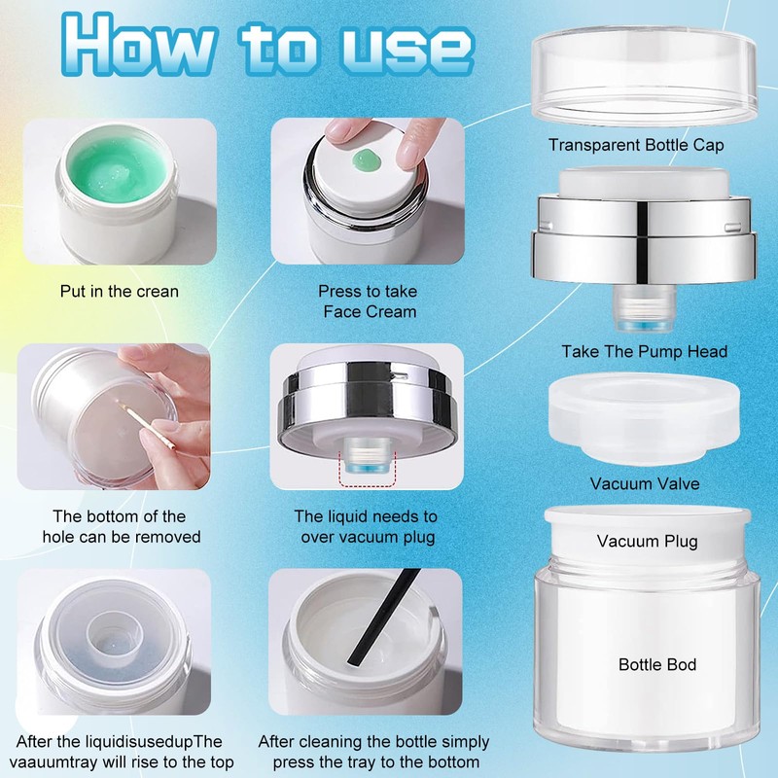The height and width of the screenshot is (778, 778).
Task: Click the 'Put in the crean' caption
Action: tap(119, 291)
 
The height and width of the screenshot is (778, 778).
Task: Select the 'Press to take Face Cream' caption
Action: tap(368, 301)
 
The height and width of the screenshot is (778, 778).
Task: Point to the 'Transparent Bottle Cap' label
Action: tap(636, 145)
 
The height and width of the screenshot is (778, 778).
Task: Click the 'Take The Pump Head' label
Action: tap(644, 351)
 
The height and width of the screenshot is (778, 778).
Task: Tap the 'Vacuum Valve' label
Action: tap(645, 483)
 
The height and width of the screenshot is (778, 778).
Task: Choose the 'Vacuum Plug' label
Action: tap(647, 541)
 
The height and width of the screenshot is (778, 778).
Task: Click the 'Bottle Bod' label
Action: tap(657, 664)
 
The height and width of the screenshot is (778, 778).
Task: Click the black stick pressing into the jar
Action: tap(382, 618)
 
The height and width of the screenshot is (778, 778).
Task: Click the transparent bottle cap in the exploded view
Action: tap(644, 75)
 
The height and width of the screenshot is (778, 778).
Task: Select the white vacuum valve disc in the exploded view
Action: tap(644, 419)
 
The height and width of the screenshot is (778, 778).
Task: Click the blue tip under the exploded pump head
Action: tap(644, 326)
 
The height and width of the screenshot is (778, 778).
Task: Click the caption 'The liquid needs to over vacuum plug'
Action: tap(367, 526)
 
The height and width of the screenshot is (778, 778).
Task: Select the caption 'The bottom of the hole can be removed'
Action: tap(121, 526)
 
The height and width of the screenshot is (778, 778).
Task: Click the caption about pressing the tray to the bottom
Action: tap(375, 752)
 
